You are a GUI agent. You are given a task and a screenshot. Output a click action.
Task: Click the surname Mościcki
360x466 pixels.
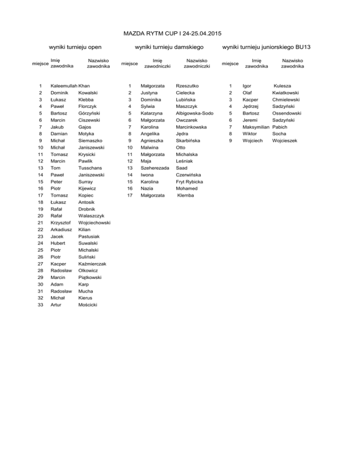89,304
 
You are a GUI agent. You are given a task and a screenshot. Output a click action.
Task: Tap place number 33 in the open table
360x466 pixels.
41,304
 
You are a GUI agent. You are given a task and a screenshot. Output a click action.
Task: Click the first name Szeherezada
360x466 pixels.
155,168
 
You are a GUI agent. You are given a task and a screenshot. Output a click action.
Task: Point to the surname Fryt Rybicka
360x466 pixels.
189,181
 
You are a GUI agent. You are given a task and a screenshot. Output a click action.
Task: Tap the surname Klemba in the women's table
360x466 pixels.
186,195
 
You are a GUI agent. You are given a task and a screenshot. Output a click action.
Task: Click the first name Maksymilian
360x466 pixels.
255,127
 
